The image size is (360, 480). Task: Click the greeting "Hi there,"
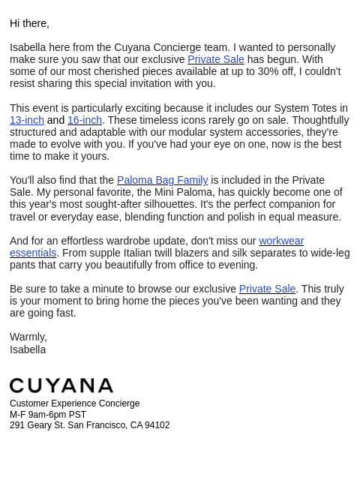(29, 23)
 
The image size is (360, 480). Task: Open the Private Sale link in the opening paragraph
(216, 59)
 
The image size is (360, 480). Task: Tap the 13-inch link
(27, 120)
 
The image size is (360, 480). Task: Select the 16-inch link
(85, 120)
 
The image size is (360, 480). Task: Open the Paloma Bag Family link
(162, 180)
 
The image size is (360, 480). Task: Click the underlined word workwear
(281, 241)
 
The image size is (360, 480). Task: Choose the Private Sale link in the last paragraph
(267, 289)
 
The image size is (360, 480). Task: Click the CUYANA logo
(61, 385)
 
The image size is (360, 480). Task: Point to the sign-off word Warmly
(28, 337)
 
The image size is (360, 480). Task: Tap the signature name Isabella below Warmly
(28, 349)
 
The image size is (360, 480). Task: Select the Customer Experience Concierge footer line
(74, 403)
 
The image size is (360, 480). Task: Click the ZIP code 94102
(157, 425)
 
